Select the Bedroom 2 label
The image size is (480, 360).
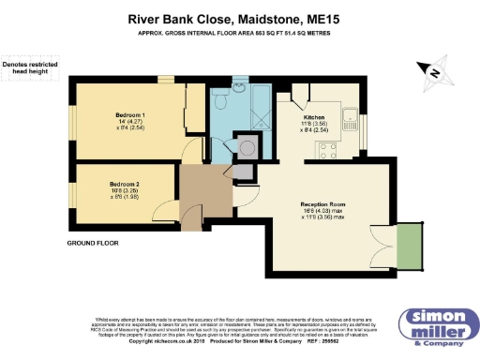124,183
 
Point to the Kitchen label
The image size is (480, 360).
314,117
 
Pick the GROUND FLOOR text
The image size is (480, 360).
92,243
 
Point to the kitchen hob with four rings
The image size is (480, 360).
330,151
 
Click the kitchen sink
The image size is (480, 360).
349,117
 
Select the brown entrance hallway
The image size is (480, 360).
195,195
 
